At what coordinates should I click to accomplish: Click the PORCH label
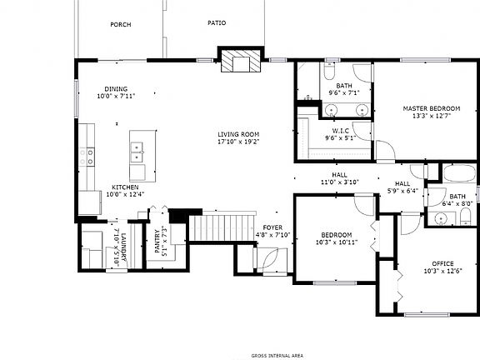120,24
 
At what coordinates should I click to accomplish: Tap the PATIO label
217,23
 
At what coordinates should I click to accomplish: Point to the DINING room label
116,89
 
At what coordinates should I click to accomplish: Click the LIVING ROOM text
238,134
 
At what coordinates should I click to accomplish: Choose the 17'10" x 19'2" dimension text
238,142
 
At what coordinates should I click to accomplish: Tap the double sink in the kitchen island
137,152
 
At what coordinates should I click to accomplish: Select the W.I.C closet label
339,130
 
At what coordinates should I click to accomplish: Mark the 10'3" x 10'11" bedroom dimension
332,242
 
